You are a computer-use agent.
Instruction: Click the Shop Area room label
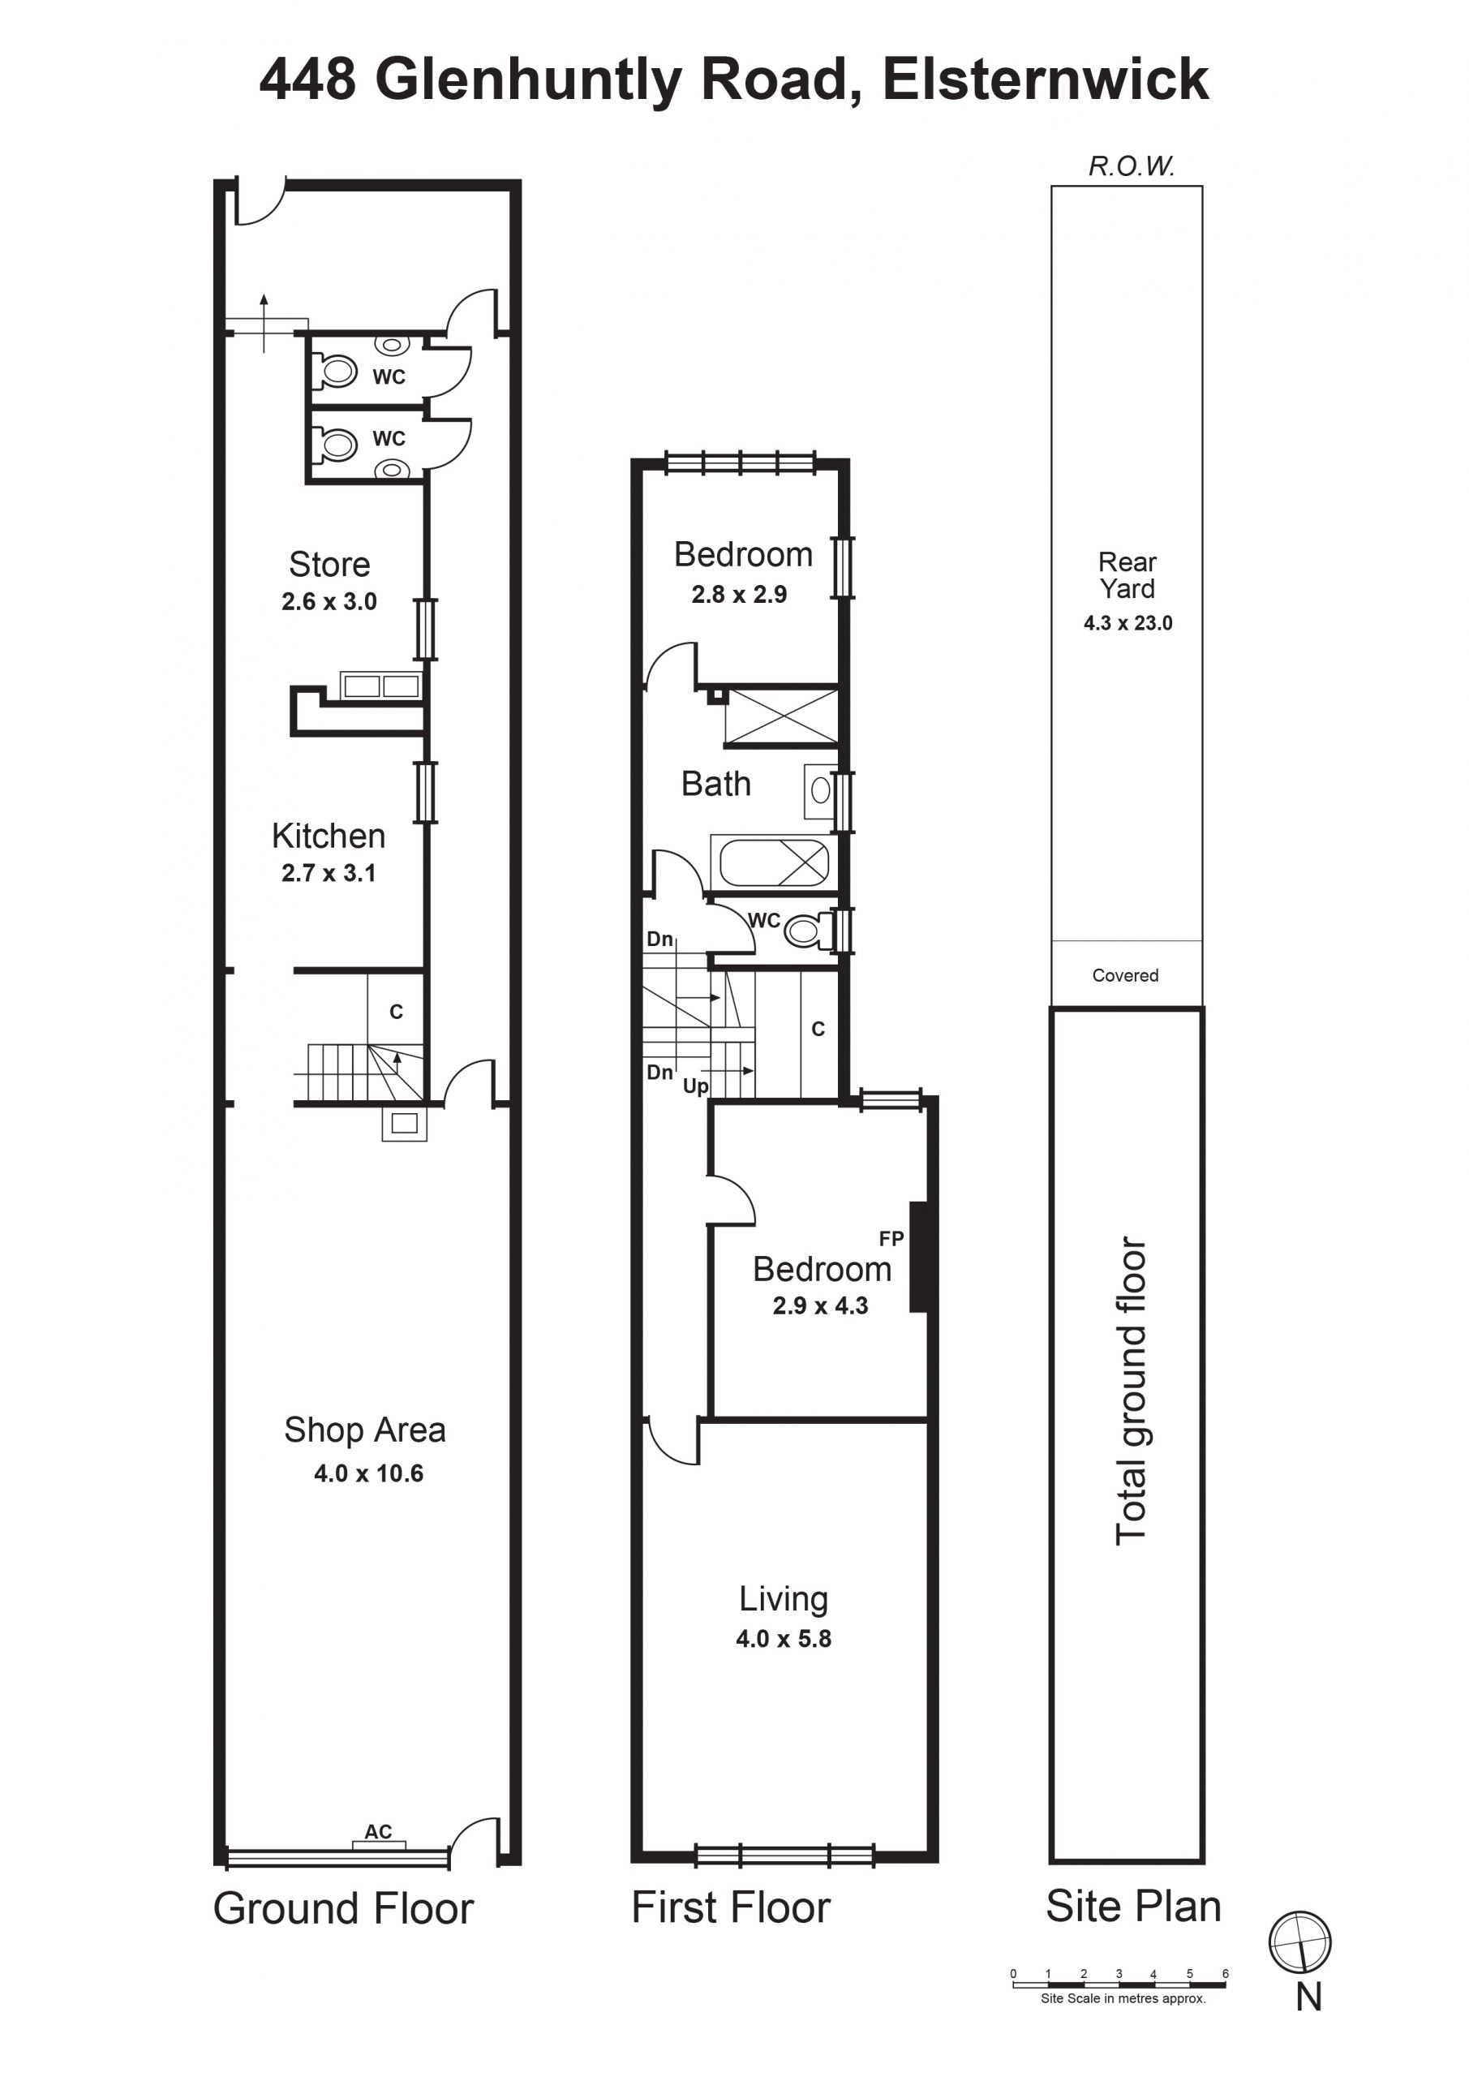point(364,1431)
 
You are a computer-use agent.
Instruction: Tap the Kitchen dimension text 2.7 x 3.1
point(329,873)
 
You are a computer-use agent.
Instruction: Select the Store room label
point(329,565)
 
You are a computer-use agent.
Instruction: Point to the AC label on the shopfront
point(378,1832)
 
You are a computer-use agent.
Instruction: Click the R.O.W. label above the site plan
point(1132,166)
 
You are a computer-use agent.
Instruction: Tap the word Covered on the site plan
point(1125,975)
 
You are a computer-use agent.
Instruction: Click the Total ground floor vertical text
point(1131,1391)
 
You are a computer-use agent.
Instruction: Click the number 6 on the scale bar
point(1226,1974)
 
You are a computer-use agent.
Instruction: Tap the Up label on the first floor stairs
point(696,1086)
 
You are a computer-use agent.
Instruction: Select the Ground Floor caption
point(344,1910)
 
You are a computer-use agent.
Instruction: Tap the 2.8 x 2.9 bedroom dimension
point(739,595)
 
